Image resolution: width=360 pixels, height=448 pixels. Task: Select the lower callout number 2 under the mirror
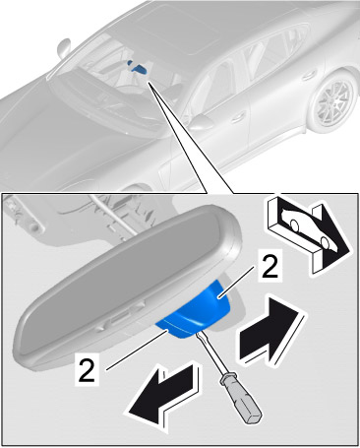[87, 369]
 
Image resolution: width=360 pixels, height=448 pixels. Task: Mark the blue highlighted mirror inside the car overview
[138, 67]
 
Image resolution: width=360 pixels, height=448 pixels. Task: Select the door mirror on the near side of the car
[201, 121]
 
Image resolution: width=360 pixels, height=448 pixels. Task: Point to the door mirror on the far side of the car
[64, 48]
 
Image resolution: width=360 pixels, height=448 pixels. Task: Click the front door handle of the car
[239, 116]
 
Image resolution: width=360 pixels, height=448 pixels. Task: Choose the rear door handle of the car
[309, 76]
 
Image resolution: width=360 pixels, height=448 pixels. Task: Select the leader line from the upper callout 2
[236, 282]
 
